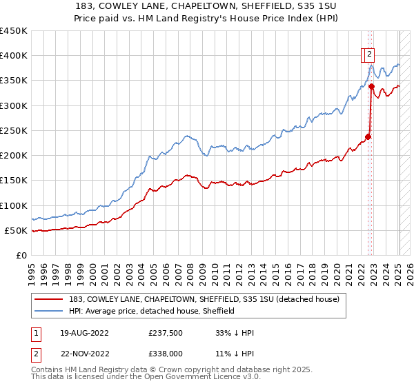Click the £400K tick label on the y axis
[14, 56]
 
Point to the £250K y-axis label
[14, 130]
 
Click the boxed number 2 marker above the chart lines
[369, 56]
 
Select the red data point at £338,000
[371, 87]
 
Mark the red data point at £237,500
[368, 136]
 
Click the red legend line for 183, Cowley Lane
[49, 300]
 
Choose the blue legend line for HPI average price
[49, 312]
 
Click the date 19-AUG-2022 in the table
[84, 333]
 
